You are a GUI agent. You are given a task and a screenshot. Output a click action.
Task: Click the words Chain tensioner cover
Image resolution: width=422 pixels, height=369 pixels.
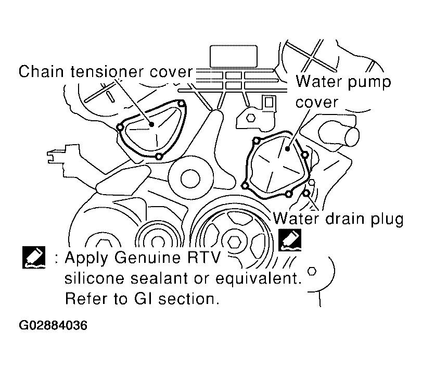click(106, 72)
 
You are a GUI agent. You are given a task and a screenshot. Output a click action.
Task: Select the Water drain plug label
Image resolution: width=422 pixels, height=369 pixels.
click(338, 219)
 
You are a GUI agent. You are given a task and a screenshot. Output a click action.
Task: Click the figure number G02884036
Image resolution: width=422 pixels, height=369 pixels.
click(53, 325)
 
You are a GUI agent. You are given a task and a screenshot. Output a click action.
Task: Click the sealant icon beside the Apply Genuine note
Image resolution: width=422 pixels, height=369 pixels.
click(34, 257)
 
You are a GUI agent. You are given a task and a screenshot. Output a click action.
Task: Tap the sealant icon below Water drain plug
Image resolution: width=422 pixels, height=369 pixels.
click(290, 240)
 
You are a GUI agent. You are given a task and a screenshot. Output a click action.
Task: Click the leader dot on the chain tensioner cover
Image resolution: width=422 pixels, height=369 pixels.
click(152, 124)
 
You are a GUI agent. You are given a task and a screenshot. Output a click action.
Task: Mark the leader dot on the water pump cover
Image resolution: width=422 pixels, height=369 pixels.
click(287, 148)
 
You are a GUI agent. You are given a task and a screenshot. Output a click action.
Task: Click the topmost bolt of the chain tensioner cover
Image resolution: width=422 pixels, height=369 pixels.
click(182, 104)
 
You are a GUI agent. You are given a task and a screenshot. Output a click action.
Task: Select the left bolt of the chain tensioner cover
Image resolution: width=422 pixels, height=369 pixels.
click(120, 128)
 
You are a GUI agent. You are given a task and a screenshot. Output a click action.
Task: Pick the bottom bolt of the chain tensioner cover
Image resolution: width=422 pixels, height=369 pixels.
click(159, 156)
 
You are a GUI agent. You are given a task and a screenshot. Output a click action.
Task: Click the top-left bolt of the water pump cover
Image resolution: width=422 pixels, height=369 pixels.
click(257, 140)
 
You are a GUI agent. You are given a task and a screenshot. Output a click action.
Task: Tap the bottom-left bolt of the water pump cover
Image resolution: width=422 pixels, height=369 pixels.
click(245, 186)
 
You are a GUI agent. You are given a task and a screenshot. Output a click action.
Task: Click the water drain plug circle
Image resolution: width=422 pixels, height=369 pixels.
click(306, 193)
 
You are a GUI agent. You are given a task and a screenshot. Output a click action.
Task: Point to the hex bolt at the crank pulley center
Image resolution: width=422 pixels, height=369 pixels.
click(235, 241)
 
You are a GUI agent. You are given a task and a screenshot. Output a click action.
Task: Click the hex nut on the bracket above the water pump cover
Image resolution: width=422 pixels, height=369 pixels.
click(251, 118)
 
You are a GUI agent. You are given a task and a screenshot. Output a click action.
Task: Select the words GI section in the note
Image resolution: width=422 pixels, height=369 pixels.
click(175, 299)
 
